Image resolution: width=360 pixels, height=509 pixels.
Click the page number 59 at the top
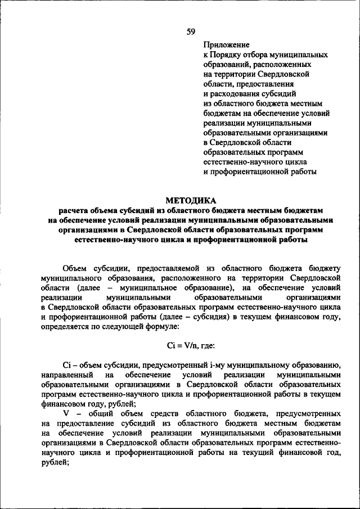(191, 31)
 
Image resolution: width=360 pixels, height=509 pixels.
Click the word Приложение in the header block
(226, 44)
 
